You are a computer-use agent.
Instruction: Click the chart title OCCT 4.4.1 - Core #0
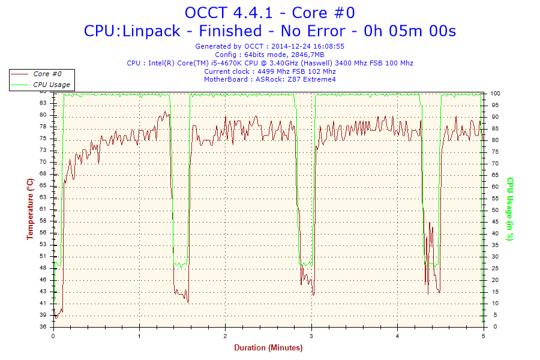click(x=269, y=13)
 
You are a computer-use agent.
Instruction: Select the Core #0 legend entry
click(x=48, y=74)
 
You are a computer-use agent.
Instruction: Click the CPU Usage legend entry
click(x=51, y=85)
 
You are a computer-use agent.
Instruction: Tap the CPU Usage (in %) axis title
click(x=510, y=209)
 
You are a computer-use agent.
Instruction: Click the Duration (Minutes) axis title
click(x=268, y=347)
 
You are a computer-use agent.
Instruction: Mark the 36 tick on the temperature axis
click(x=43, y=327)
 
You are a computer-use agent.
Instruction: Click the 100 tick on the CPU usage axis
click(x=496, y=94)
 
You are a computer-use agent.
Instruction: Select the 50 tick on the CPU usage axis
click(x=494, y=210)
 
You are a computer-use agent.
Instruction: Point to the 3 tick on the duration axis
click(x=311, y=336)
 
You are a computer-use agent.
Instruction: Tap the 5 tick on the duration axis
click(x=483, y=336)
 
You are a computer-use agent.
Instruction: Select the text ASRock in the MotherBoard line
click(x=269, y=79)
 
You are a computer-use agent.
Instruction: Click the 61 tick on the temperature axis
click(x=43, y=209)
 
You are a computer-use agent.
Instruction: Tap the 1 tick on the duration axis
click(x=140, y=336)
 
